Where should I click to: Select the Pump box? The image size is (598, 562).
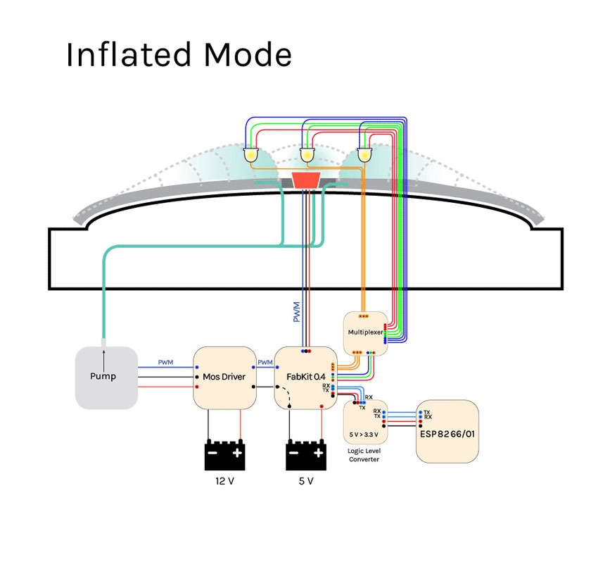(106, 377)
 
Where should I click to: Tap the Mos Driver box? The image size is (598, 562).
(224, 377)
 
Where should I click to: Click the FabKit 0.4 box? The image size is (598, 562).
(305, 377)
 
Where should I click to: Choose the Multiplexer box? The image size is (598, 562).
(364, 331)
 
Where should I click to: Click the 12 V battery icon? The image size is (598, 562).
(225, 454)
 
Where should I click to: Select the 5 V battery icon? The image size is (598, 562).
(306, 454)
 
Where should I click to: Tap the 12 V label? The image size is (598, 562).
(225, 482)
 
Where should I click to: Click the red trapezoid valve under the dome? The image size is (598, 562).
(306, 178)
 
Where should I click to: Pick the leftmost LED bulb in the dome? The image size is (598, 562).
(251, 154)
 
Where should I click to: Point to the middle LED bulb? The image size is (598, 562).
(307, 154)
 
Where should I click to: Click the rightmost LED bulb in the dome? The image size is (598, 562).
(364, 154)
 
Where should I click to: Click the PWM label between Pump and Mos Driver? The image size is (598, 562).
(165, 363)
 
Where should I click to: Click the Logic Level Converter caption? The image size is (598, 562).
(364, 455)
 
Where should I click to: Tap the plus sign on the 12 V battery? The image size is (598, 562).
(238, 453)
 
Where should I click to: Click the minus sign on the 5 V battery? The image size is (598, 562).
(293, 453)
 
